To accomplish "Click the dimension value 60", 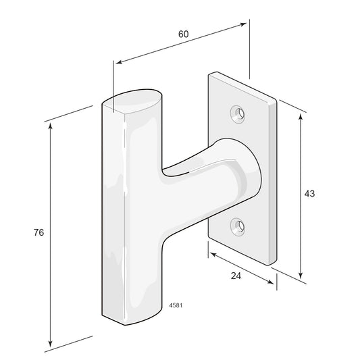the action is coord(184,34).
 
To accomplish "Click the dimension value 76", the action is coord(38,232).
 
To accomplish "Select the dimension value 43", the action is coord(309,194).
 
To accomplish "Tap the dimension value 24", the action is coord(236,276).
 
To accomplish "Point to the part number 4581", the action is coord(176,305).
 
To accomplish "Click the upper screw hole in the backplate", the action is coord(238,114).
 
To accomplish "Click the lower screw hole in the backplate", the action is coord(238,227).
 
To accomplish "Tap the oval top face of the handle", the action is coord(132,101).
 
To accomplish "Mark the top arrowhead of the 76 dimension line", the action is coord(51,126).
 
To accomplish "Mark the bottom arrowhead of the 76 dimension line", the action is coord(51,343).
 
